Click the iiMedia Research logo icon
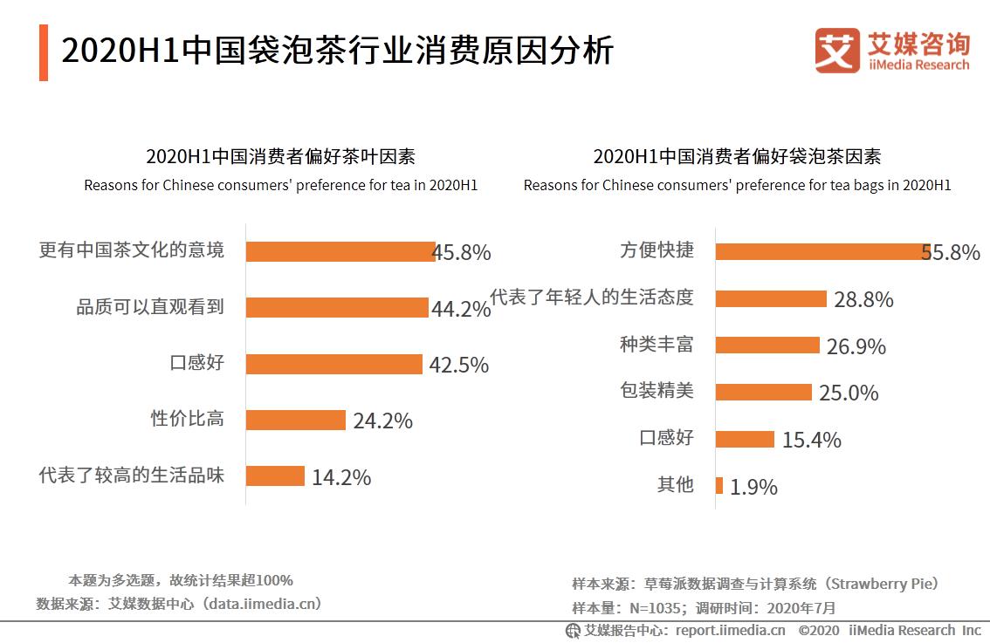[x=837, y=51]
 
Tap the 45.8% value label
[x=463, y=253]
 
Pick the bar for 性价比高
[x=295, y=420]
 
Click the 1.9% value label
[x=753, y=487]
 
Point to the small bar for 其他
[x=719, y=485]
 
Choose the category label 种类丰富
[x=657, y=344]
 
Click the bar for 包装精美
[x=764, y=392]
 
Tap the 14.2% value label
[x=341, y=477]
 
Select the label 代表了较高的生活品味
[x=132, y=475]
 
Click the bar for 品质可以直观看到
[x=336, y=307]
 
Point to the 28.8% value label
[x=863, y=300]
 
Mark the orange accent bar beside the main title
[x=44, y=53]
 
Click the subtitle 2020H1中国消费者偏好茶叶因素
[x=280, y=156]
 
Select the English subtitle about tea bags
[x=737, y=185]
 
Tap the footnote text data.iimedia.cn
[x=261, y=603]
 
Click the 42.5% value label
[x=458, y=365]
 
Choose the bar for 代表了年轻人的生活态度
[x=771, y=298]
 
